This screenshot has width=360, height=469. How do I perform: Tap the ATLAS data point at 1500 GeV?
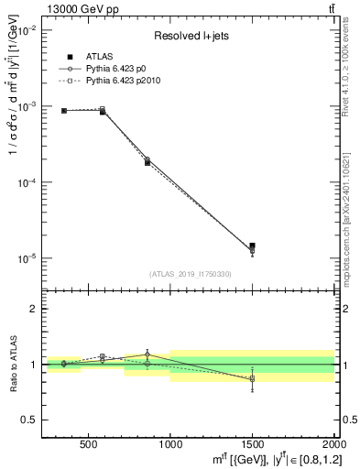[252, 245]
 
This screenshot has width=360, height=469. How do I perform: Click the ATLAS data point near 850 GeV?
[147, 162]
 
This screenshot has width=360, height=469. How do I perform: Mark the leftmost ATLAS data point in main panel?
[64, 111]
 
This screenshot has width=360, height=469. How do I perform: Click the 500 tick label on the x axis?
[89, 446]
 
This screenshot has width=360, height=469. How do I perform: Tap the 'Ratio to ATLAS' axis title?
[13, 364]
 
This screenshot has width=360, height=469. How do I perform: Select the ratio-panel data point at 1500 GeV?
[252, 377]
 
